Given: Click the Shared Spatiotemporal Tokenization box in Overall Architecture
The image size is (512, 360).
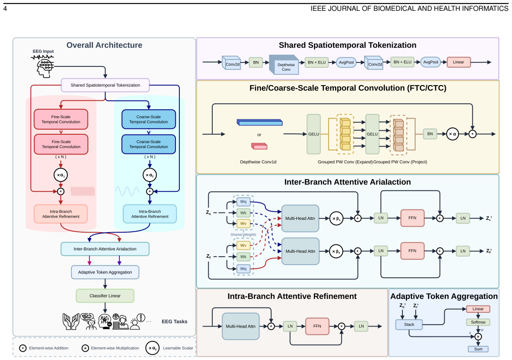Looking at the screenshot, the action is pyautogui.click(x=105, y=85).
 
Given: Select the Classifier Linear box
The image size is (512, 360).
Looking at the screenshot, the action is pyautogui.click(x=105, y=296).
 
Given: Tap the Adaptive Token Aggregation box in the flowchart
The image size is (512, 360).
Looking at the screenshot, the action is pyautogui.click(x=105, y=272).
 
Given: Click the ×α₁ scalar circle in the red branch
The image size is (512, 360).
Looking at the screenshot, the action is pyautogui.click(x=61, y=175).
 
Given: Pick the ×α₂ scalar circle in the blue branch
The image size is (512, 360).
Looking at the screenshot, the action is pyautogui.click(x=149, y=175).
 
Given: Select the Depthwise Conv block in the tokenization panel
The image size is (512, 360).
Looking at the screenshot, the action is pyautogui.click(x=284, y=65).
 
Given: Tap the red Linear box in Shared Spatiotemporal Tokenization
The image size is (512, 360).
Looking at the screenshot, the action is pyautogui.click(x=458, y=62).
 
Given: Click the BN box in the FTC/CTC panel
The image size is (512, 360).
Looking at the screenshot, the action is pyautogui.click(x=430, y=134).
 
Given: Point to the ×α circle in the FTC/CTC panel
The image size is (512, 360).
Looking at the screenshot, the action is pyautogui.click(x=452, y=134).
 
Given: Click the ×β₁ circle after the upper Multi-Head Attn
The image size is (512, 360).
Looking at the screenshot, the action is pyautogui.click(x=336, y=218).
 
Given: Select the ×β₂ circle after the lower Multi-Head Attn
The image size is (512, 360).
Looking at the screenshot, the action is pyautogui.click(x=336, y=251).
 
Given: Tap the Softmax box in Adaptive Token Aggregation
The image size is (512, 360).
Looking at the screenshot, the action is pyautogui.click(x=478, y=322).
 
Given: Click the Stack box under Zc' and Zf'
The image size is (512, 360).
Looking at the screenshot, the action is pyautogui.click(x=409, y=325).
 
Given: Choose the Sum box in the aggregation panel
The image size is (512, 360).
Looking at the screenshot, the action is pyautogui.click(x=478, y=349).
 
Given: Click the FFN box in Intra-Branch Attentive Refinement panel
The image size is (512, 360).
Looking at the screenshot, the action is pyautogui.click(x=317, y=326).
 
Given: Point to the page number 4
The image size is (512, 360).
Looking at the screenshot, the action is pyautogui.click(x=5, y=9).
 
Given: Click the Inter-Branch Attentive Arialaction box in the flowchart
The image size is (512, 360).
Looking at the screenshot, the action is pyautogui.click(x=105, y=249).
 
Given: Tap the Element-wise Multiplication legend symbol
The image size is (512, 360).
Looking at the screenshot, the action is pyautogui.click(x=85, y=348).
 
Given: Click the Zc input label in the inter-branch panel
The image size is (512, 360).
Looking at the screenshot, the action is pyautogui.click(x=208, y=212).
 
